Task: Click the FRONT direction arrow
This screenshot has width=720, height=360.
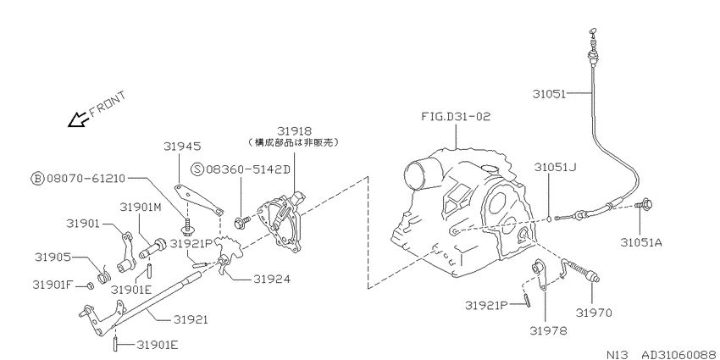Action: pos(77,119)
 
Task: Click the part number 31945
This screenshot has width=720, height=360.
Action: pos(182,146)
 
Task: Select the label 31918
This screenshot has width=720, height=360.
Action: pos(294,131)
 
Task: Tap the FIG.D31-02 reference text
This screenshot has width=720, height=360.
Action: pos(456,117)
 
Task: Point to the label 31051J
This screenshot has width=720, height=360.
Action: pos(556,167)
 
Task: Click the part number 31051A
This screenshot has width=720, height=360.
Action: pos(641,242)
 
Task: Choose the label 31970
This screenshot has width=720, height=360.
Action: pos(594,313)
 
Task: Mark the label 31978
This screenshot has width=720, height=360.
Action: pos(548,330)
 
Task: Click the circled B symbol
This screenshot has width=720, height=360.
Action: pos(37,178)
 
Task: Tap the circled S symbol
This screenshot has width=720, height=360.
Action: pos(197,169)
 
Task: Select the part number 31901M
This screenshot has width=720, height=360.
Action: pos(141,207)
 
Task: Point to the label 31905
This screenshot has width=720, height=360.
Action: pos(53,256)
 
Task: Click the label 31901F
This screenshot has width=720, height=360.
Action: pos(53,285)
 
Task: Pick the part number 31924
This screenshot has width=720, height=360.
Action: pos(272,279)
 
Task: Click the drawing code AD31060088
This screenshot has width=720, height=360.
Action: pos(678,354)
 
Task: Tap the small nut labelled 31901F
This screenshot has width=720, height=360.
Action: pos(91,286)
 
